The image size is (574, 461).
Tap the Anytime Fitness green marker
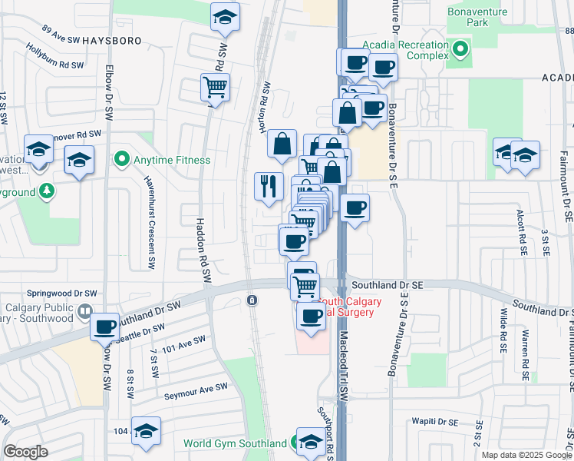point(121,160)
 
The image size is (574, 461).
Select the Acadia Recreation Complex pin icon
point(460,51)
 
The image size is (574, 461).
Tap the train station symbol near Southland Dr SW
point(251,300)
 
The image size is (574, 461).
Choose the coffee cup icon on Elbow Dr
point(104,327)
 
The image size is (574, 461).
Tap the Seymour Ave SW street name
point(196,390)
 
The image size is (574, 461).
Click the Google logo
point(25,452)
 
